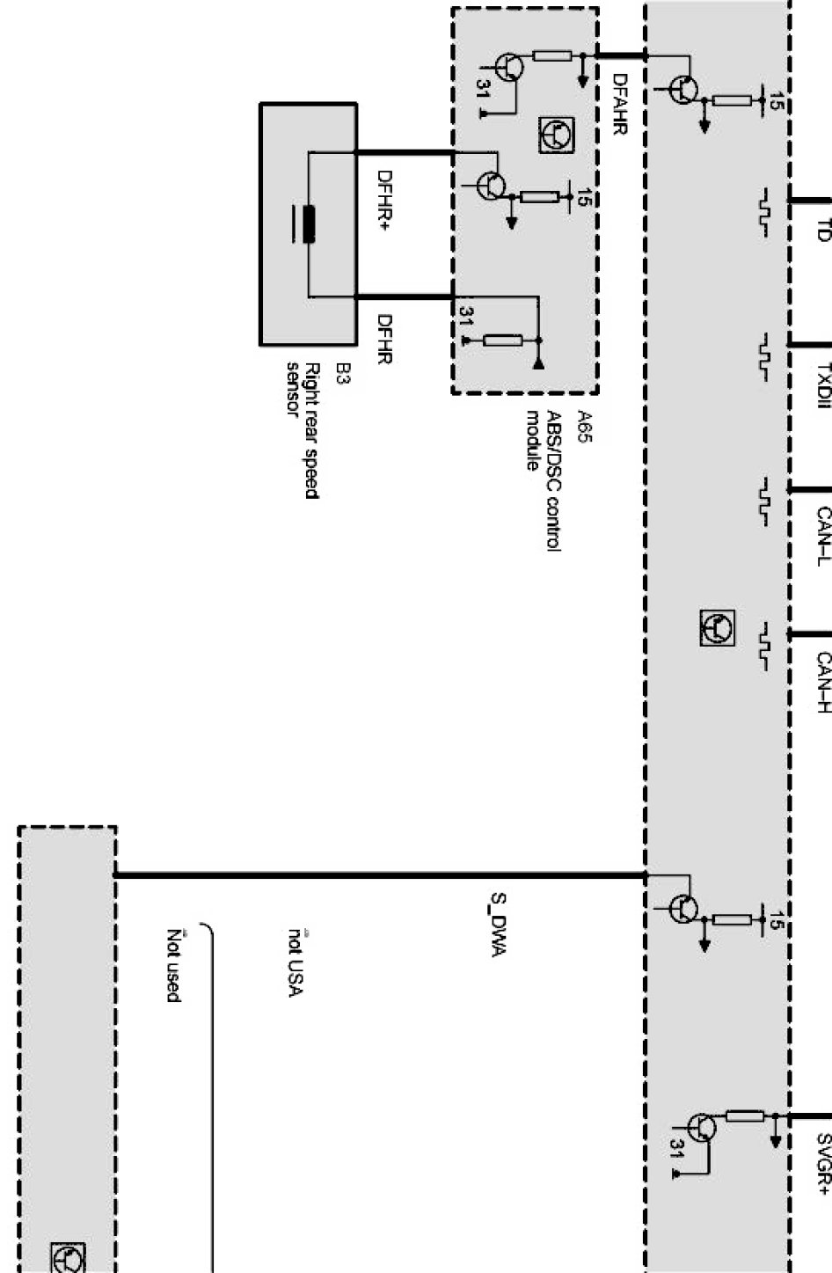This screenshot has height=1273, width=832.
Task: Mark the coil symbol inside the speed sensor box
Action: pos(308,223)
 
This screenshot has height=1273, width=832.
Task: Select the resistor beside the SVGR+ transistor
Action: pos(745,1116)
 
